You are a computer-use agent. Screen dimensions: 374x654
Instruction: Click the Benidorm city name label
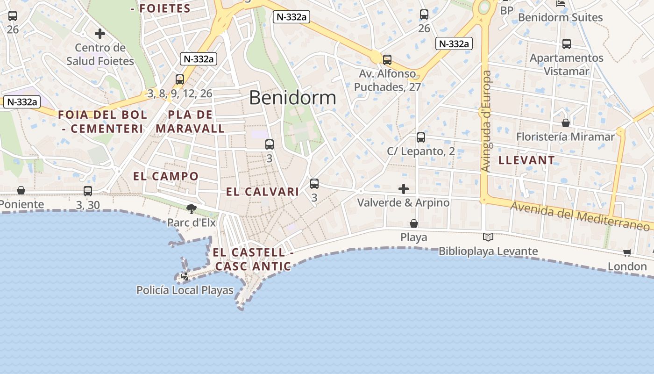point(292,98)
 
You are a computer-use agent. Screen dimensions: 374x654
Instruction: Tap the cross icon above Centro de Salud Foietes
point(100,34)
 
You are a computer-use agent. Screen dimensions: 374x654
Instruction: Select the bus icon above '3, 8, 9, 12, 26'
point(180,79)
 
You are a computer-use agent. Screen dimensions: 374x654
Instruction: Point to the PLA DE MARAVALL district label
point(190,122)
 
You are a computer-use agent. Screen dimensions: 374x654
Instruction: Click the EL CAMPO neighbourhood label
point(166,176)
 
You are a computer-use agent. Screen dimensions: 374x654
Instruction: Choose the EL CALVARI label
point(263,192)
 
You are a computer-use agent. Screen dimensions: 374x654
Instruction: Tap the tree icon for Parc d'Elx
point(191,209)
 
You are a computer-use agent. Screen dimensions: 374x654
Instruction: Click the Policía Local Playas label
point(185,290)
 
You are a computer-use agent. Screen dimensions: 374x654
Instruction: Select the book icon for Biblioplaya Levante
point(488,237)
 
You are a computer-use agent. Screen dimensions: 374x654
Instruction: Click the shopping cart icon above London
point(627,253)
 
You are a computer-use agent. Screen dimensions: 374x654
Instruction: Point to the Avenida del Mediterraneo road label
point(579,216)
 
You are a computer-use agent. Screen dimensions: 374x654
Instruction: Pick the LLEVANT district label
point(526,160)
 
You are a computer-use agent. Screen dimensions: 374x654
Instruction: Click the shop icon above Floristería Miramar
point(566,123)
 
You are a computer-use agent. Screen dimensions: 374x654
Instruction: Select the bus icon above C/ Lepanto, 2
point(421,137)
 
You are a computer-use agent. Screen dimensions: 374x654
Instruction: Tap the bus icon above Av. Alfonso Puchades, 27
point(387,60)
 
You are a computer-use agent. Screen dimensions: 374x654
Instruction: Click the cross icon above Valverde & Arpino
point(404,189)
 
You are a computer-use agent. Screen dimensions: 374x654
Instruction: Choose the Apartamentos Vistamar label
point(566,65)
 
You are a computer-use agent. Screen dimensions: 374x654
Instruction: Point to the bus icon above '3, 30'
point(88,191)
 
